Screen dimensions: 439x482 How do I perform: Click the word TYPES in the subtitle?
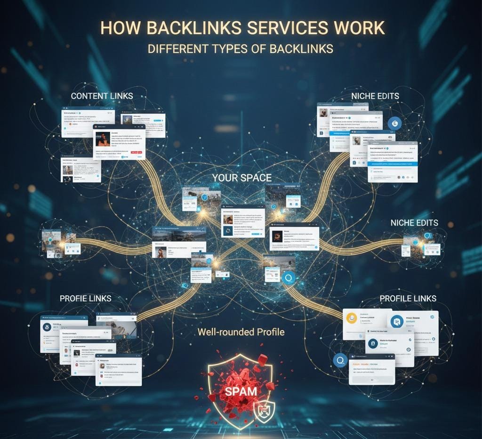click(228, 49)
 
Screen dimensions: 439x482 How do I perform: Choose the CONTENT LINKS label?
click(102, 96)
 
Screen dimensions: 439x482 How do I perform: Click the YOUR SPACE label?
click(241, 178)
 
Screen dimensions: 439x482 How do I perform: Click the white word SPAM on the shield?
click(241, 390)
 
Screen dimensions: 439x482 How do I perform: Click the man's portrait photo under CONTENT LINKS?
click(103, 138)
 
